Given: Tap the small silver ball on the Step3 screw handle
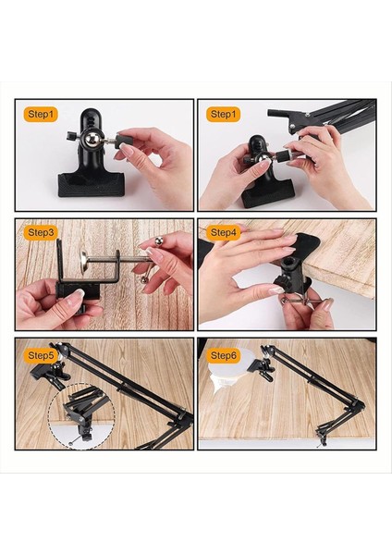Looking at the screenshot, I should [158, 241].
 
